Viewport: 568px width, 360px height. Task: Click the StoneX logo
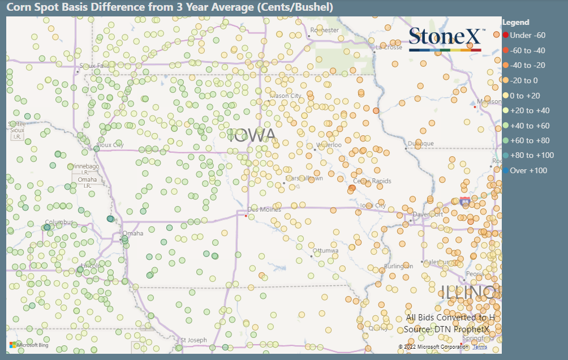[445, 39]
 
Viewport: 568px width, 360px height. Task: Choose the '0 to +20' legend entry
[524, 96]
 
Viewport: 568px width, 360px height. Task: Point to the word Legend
[515, 23]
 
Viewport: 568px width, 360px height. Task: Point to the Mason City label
[286, 96]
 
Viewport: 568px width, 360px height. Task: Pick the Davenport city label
[428, 215]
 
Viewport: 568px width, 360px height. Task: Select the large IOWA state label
[252, 135]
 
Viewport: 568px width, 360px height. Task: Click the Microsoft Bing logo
[23, 344]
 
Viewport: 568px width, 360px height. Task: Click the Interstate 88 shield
[464, 200]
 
